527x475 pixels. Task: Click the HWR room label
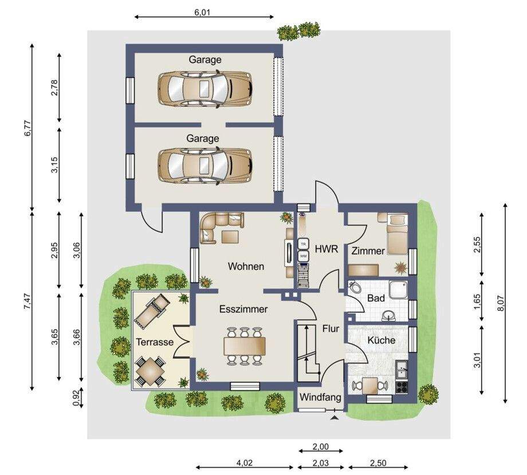326,249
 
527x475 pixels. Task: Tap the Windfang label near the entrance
320,398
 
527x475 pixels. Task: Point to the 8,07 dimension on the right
500,304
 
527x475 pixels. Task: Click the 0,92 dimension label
77,398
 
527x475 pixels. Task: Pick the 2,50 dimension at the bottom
378,463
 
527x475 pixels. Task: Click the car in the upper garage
205,89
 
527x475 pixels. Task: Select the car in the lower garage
205,166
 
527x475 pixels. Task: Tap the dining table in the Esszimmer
245,346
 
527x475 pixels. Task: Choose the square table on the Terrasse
150,371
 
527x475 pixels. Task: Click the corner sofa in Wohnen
220,227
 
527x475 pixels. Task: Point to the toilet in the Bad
354,287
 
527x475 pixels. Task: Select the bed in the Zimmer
398,234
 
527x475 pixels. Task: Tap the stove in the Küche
402,387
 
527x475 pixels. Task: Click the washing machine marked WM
304,256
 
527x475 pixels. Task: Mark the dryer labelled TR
304,244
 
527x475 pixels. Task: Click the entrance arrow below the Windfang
335,417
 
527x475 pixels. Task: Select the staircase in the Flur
308,353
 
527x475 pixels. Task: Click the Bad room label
376,298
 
